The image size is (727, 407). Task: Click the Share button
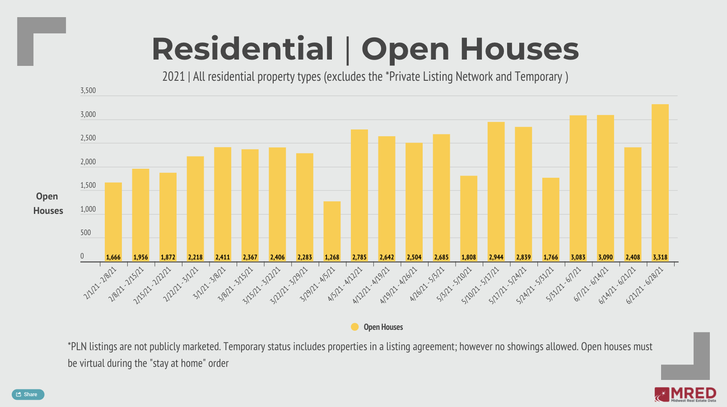[28, 394]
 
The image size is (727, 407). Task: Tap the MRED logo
[685, 394]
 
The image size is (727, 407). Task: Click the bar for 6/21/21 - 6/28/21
[660, 180]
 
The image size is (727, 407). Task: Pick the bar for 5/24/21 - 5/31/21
[551, 217]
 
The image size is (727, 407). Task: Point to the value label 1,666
[113, 257]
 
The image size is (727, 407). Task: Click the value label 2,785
[359, 257]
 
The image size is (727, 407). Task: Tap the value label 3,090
[606, 257]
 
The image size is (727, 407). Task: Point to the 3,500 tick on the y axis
[88, 91]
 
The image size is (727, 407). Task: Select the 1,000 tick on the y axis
[88, 209]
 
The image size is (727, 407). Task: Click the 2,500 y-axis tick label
[88, 138]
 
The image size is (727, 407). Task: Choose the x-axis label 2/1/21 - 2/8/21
[101, 283]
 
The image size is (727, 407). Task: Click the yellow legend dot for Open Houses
[355, 327]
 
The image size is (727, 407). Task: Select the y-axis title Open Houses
[48, 203]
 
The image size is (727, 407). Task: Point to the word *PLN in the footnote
[77, 347]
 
